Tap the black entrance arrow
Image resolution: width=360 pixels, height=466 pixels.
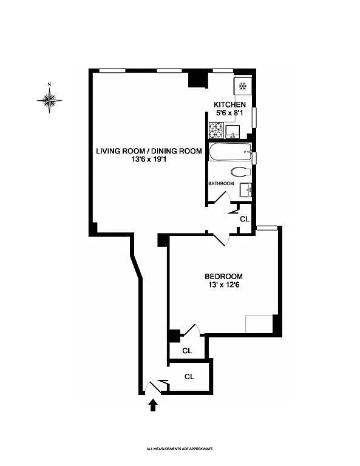click(153, 405)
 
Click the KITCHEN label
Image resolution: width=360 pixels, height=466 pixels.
click(230, 104)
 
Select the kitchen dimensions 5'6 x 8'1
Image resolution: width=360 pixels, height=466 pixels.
click(229, 113)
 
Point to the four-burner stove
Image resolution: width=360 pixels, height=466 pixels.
click(216, 130)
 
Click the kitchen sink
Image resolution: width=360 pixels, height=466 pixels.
click(233, 132)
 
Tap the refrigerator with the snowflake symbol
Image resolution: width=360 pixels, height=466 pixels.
click(243, 86)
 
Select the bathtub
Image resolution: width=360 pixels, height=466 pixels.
click(230, 152)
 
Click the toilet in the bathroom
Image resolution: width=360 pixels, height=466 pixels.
click(241, 172)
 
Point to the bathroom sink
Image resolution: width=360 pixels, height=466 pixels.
click(246, 190)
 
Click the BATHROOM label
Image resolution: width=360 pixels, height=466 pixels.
click(221, 183)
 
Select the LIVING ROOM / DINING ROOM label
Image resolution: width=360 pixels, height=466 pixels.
click(149, 151)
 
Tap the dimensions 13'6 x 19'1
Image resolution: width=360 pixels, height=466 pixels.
click(149, 160)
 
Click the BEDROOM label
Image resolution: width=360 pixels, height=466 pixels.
click(223, 277)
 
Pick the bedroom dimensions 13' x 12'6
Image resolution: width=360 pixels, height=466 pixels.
click(224, 285)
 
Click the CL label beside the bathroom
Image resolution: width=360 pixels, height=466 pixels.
click(245, 219)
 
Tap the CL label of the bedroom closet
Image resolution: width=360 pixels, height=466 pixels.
click(187, 351)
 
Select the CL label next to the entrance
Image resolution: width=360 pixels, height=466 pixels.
click(189, 377)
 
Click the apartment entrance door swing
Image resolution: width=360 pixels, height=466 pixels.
click(153, 388)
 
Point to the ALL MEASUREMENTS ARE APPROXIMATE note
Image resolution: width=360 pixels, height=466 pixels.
click(180, 449)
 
